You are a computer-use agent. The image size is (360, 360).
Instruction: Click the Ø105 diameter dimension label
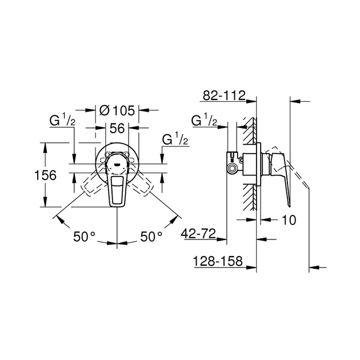click(117, 111)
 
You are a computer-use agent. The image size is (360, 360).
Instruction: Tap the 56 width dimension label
click(117, 128)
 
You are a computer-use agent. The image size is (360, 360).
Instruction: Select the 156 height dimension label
click(45, 175)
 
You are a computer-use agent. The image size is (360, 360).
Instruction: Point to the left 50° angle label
click(84, 237)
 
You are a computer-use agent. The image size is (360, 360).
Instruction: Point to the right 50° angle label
click(151, 237)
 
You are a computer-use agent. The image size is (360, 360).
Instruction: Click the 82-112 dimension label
click(224, 95)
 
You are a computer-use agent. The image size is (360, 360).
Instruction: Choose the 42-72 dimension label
click(198, 234)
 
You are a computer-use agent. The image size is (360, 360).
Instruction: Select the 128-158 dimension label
click(218, 261)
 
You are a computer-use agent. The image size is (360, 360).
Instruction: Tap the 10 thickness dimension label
click(289, 220)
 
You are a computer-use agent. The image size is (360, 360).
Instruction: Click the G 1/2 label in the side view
click(204, 120)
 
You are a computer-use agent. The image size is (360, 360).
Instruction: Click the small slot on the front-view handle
click(117, 164)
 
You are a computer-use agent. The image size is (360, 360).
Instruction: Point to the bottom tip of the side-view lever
click(290, 206)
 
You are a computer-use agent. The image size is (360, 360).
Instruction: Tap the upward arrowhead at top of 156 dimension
click(45, 148)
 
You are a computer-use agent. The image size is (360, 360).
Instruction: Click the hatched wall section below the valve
click(250, 198)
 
